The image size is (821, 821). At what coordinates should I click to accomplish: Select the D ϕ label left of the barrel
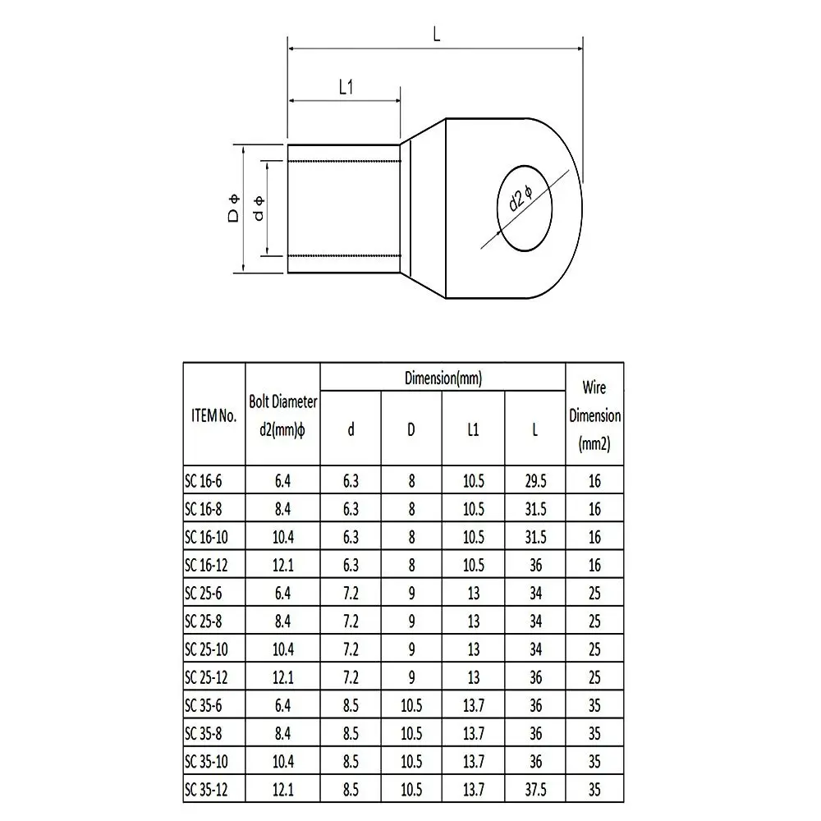(x=233, y=209)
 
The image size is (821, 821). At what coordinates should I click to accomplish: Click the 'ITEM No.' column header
(x=213, y=415)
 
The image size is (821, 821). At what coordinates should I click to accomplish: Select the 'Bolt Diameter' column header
(x=282, y=415)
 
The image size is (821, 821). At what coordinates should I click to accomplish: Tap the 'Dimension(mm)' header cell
(x=443, y=378)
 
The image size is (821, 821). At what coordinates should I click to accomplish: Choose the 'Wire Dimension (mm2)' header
(x=594, y=415)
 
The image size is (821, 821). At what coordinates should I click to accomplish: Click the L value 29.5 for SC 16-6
(x=534, y=481)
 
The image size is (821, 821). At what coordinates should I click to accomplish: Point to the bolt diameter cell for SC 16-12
(x=282, y=565)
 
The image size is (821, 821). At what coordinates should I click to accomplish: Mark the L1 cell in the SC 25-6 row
(x=473, y=593)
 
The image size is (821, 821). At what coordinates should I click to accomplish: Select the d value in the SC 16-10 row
(x=351, y=537)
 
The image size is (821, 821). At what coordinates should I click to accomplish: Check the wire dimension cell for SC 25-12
(x=594, y=677)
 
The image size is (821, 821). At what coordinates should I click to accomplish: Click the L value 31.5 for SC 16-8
(x=534, y=509)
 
